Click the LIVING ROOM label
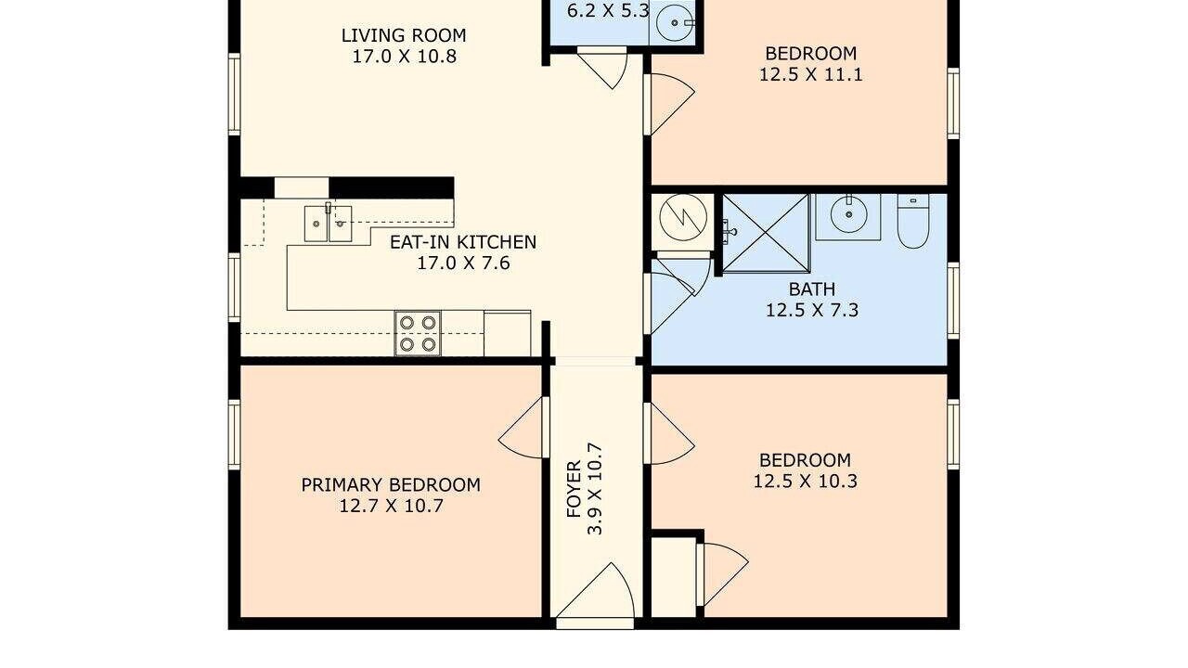click(404, 35)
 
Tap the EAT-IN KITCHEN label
click(463, 242)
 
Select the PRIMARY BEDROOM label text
click(391, 485)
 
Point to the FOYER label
click(575, 489)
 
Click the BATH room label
click(812, 289)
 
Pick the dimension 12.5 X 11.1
click(811, 75)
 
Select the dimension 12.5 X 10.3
click(805, 482)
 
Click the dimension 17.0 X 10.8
click(404, 57)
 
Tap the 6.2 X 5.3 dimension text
click(608, 10)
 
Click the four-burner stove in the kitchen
click(418, 333)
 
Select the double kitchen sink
click(328, 224)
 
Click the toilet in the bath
click(912, 221)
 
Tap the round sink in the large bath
click(848, 214)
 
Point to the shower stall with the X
click(766, 233)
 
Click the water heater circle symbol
click(683, 217)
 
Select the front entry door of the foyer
click(596, 596)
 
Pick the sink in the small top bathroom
click(675, 23)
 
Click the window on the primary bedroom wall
click(234, 434)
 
